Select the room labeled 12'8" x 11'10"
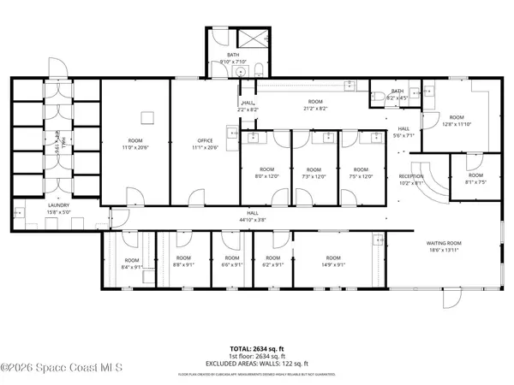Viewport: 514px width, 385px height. [x=456, y=120]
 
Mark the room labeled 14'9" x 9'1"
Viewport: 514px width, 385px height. [x=332, y=261]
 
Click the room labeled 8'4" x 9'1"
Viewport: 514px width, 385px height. [x=131, y=263]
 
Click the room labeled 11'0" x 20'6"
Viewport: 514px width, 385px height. [x=134, y=144]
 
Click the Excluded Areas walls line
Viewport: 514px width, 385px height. [x=257, y=364]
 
